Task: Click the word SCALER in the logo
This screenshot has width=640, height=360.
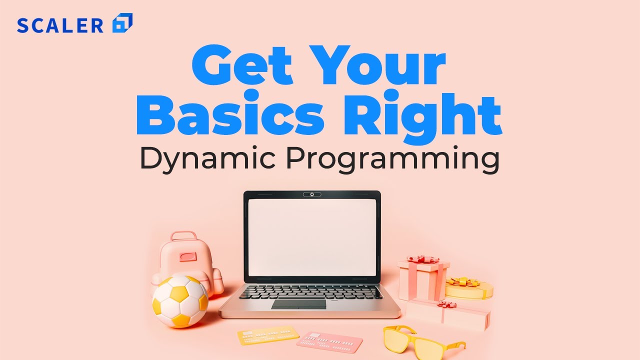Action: [60, 25]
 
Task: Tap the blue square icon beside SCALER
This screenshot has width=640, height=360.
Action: [122, 23]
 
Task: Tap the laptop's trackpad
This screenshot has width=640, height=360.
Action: [298, 304]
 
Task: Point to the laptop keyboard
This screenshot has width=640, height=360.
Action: [310, 292]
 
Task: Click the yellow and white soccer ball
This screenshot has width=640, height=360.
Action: [180, 301]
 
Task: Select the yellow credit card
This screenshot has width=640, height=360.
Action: [268, 335]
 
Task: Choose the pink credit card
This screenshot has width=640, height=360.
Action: [329, 341]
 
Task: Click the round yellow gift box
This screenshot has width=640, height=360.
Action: [468, 288]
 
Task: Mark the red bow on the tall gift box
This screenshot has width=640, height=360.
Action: [422, 259]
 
